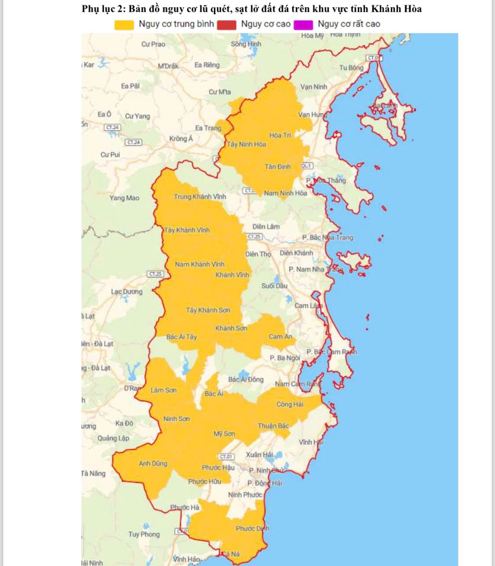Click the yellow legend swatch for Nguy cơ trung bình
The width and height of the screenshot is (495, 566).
point(124,25)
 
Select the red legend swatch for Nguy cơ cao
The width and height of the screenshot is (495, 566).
point(226,25)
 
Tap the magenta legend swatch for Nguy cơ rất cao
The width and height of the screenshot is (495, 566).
point(303,25)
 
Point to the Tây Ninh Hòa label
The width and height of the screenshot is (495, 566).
point(246,144)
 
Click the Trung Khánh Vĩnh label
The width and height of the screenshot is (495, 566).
point(200,196)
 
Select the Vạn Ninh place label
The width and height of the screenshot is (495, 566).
point(314,87)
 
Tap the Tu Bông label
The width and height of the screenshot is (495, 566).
point(351,68)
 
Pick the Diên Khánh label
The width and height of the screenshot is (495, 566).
point(297,253)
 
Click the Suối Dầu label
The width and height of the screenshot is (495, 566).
point(274,286)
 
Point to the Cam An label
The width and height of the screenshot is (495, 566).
point(280,337)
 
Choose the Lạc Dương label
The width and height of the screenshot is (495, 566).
point(127,291)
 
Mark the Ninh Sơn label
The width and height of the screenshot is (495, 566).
point(176,419)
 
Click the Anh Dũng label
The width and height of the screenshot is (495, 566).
point(153,463)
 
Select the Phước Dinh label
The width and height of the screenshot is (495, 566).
point(252,529)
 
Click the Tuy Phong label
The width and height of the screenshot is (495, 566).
point(144,534)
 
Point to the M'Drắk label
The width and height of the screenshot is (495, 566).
point(168,66)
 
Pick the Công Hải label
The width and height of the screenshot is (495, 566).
point(290,404)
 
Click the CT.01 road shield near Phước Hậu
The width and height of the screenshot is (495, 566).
point(226,457)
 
